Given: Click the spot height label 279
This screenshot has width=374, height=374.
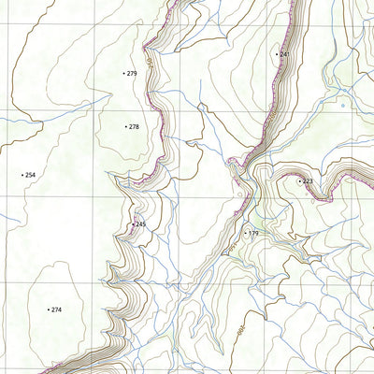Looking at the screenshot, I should [133, 73].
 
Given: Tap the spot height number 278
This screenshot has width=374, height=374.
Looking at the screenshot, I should [134, 126].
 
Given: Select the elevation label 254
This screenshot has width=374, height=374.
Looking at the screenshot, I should [31, 175].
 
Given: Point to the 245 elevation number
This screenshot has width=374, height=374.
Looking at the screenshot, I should [140, 224].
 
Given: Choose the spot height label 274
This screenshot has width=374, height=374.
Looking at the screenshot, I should [56, 309].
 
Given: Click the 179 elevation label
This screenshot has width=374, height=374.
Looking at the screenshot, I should [253, 233].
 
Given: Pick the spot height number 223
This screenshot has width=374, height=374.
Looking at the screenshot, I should [308, 180].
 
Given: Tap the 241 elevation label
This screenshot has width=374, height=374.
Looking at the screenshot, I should [283, 54].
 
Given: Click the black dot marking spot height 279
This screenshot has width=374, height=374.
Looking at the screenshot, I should [124, 73].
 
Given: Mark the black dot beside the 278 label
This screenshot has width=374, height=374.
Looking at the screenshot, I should [125, 126].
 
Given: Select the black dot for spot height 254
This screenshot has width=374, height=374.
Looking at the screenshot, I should [22, 175].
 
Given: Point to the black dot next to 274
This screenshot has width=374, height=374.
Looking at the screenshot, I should [48, 309].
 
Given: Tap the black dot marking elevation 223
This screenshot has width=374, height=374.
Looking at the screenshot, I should [299, 180].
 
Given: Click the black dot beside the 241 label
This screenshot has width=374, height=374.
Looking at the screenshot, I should [277, 54].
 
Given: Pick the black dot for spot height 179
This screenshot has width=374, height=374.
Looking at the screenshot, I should [245, 233].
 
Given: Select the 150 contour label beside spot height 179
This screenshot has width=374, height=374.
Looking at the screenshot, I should [239, 194].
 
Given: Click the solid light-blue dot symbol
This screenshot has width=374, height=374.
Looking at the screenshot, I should [343, 107].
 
